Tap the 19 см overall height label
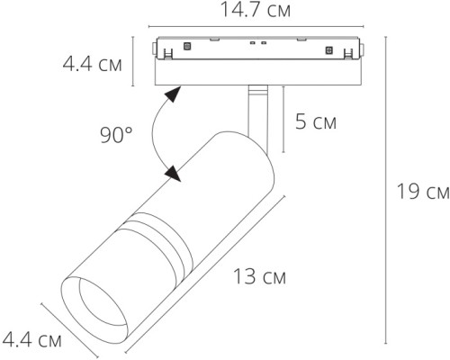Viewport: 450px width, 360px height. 424,191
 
